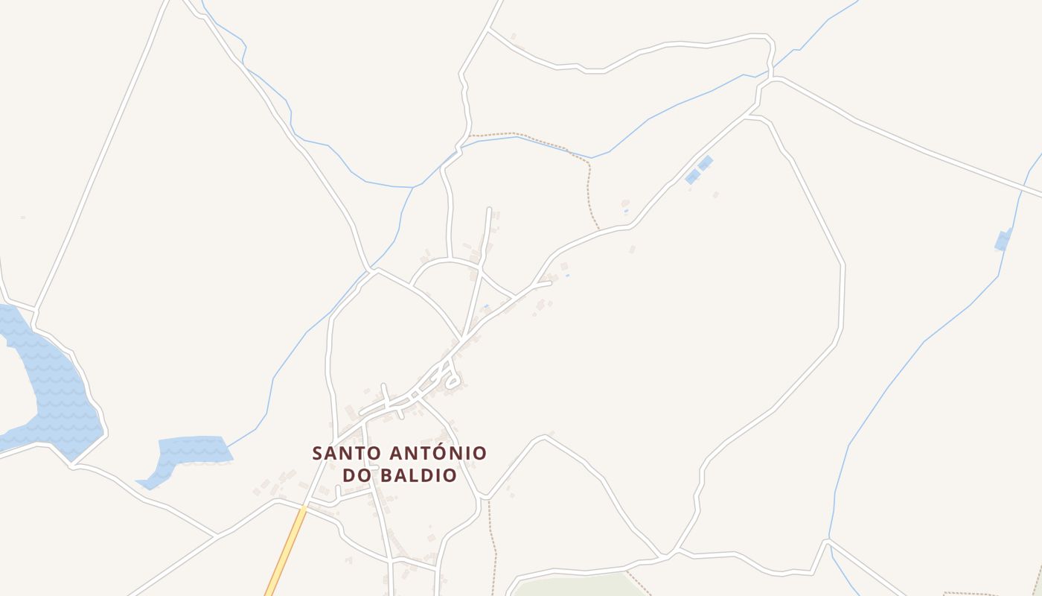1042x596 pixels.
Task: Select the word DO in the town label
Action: pyautogui.click(x=355, y=475)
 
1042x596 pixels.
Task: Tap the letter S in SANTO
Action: pyautogui.click(x=318, y=453)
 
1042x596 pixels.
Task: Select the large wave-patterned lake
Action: pyautogui.click(x=56, y=387)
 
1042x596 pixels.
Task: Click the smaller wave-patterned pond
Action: pyautogui.click(x=190, y=451)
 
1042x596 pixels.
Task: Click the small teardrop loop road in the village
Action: pyautogui.click(x=451, y=382)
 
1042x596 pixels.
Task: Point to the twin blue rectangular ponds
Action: pyautogui.click(x=699, y=169)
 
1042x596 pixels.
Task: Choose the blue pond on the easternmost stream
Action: pyautogui.click(x=1003, y=240)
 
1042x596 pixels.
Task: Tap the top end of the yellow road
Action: pyautogui.click(x=304, y=509)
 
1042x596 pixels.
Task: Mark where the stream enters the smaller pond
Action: pyautogui.click(x=227, y=447)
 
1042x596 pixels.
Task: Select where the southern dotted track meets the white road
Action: pyautogui.click(x=488, y=498)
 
